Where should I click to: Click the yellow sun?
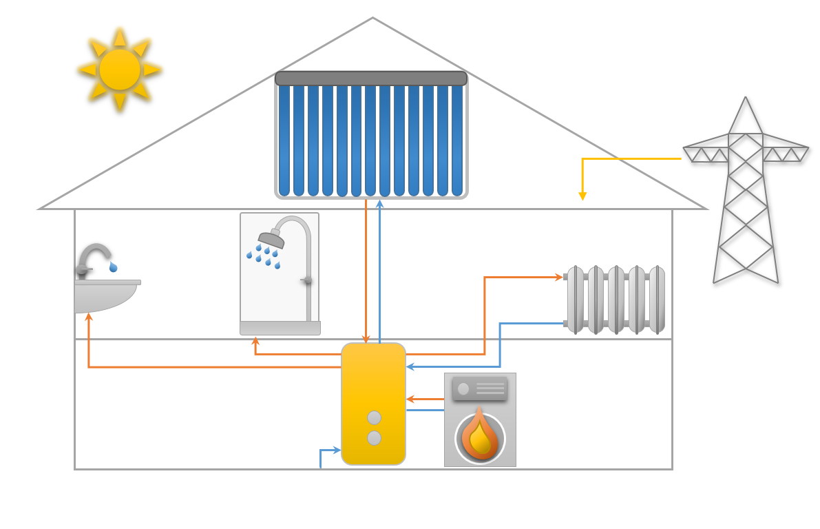click(x=120, y=69)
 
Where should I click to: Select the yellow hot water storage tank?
click(x=373, y=386)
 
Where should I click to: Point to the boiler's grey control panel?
click(x=480, y=388)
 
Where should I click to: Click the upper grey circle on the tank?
click(x=374, y=417)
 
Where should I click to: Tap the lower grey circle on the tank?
click(x=374, y=438)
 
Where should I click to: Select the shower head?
click(x=272, y=240)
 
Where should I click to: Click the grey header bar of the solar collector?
click(x=371, y=79)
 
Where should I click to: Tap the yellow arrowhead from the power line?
click(x=582, y=196)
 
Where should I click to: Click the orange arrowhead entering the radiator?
click(x=559, y=277)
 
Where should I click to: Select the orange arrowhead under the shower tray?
click(x=255, y=340)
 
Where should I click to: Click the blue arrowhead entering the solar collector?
click(x=379, y=204)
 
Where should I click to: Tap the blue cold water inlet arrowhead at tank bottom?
click(x=337, y=450)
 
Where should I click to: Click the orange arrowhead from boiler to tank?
click(x=410, y=399)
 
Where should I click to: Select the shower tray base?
click(x=280, y=329)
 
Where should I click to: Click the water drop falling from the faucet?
click(x=113, y=267)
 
